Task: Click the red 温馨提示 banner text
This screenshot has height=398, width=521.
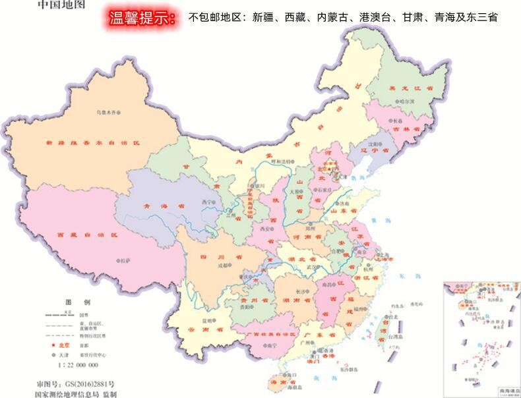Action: point(144,18)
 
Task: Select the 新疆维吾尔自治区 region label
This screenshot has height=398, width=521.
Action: point(93,142)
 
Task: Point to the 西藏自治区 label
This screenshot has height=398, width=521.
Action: point(86,235)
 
